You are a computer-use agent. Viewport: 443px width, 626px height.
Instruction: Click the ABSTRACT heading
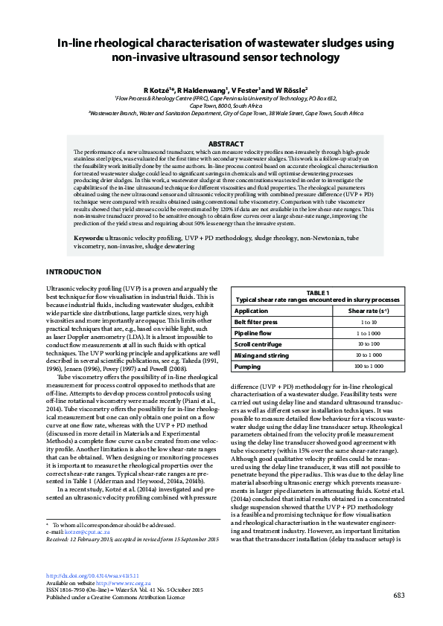click(225, 143)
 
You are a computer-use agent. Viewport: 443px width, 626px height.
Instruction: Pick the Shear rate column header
click(369, 311)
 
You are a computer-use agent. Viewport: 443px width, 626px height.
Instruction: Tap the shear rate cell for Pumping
click(369, 367)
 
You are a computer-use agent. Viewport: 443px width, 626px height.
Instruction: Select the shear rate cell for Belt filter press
click(369, 322)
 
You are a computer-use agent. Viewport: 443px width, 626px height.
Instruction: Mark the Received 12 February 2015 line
click(133, 540)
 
